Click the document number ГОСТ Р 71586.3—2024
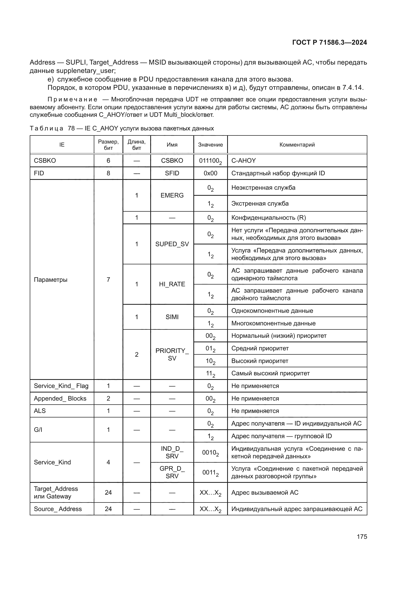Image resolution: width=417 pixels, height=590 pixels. tap(330, 43)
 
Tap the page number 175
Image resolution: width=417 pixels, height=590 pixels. tap(362, 537)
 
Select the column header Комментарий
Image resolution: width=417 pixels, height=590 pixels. tap(297, 145)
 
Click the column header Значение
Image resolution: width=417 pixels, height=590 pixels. tap(210, 145)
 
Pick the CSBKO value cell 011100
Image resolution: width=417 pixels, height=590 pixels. tap(210, 161)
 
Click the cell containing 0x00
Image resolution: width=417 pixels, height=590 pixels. tap(210, 173)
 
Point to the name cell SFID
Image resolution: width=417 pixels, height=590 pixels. tap(172, 173)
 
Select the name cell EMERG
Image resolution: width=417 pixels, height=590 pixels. tap(172, 195)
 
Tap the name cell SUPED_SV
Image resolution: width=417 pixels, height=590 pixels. tap(172, 244)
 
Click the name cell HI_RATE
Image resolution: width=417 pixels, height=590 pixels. tap(172, 284)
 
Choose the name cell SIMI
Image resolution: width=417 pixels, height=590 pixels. tap(172, 317)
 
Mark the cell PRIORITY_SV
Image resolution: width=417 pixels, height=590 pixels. tap(172, 354)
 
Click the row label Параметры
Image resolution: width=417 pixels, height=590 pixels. tap(51, 279)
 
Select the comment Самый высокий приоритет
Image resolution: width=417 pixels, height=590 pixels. tap(270, 373)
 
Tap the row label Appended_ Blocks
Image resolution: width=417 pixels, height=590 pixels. tap(60, 398)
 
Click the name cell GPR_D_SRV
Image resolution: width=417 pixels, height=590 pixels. tap(172, 472)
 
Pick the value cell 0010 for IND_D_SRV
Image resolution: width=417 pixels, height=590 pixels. tap(210, 453)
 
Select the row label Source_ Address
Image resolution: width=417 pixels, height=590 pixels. tap(58, 509)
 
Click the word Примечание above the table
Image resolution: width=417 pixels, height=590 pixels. tap(72, 99)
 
